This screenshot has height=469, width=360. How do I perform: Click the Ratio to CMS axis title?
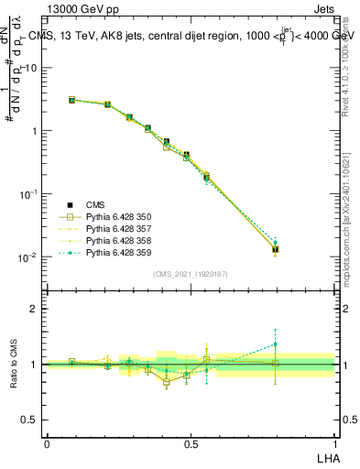tap(14, 365)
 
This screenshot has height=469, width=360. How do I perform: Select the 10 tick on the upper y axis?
tap(31, 68)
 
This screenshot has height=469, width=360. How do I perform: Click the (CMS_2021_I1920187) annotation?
tap(190, 274)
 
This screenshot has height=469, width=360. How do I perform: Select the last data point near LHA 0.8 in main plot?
tap(275, 248)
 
